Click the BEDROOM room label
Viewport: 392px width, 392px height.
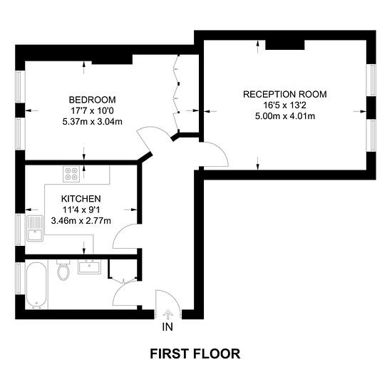pyautogui.click(x=92, y=100)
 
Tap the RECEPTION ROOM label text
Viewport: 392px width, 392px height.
pyautogui.click(x=285, y=94)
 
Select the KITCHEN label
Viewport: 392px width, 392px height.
pyautogui.click(x=81, y=199)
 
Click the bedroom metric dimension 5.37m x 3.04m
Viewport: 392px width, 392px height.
pyautogui.click(x=92, y=122)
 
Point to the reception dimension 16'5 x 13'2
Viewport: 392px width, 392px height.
pyautogui.click(x=285, y=105)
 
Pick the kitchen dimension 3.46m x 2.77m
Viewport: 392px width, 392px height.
pyautogui.click(x=81, y=221)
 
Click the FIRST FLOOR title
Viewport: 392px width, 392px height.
pyautogui.click(x=195, y=354)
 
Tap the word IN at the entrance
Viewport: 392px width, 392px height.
pyautogui.click(x=167, y=326)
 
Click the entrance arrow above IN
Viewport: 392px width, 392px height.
pyautogui.click(x=167, y=314)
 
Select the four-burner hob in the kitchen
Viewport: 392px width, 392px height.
pyautogui.click(x=71, y=174)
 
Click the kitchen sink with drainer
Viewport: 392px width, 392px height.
pyautogui.click(x=35, y=228)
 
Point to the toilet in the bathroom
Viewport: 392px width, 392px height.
pyautogui.click(x=63, y=270)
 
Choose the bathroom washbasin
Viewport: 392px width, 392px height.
pyautogui.click(x=89, y=267)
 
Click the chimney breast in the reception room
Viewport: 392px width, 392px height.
pyautogui.click(x=285, y=45)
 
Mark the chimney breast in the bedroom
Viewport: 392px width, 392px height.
pyautogui.click(x=112, y=59)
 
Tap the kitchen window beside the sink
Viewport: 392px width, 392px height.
pyautogui.click(x=20, y=229)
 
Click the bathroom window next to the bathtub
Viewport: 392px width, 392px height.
pyautogui.click(x=20, y=278)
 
